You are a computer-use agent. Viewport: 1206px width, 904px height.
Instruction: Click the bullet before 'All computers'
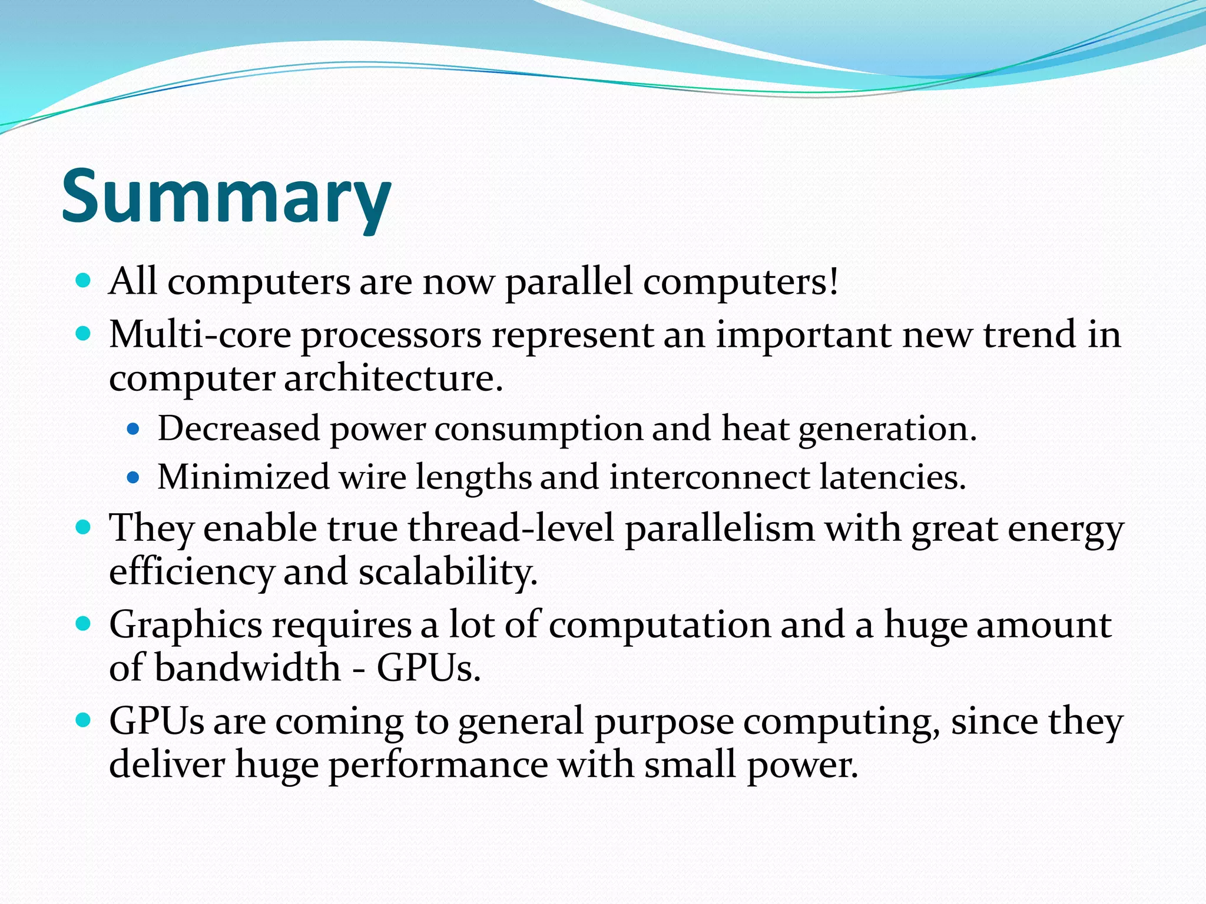coord(84,280)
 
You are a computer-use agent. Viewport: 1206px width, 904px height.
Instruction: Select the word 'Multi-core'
coord(200,334)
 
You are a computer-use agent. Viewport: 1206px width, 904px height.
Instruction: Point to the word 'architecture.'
coord(394,378)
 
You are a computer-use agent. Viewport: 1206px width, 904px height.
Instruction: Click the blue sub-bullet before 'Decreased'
coord(133,428)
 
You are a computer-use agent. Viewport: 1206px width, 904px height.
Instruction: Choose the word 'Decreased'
coord(238,428)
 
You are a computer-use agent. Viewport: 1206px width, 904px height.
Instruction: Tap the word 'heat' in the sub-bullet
coord(755,428)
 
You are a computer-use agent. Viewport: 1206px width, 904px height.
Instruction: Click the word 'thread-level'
coord(511,528)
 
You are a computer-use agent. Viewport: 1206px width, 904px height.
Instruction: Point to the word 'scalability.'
coord(448,571)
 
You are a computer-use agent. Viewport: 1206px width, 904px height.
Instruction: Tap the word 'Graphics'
coord(185,626)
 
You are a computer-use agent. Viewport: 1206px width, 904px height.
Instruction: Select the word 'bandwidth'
coord(248,668)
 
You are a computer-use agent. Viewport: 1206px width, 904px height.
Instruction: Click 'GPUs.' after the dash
coord(429,668)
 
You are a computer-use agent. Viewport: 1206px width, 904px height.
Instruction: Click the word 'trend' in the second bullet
coord(1030,334)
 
